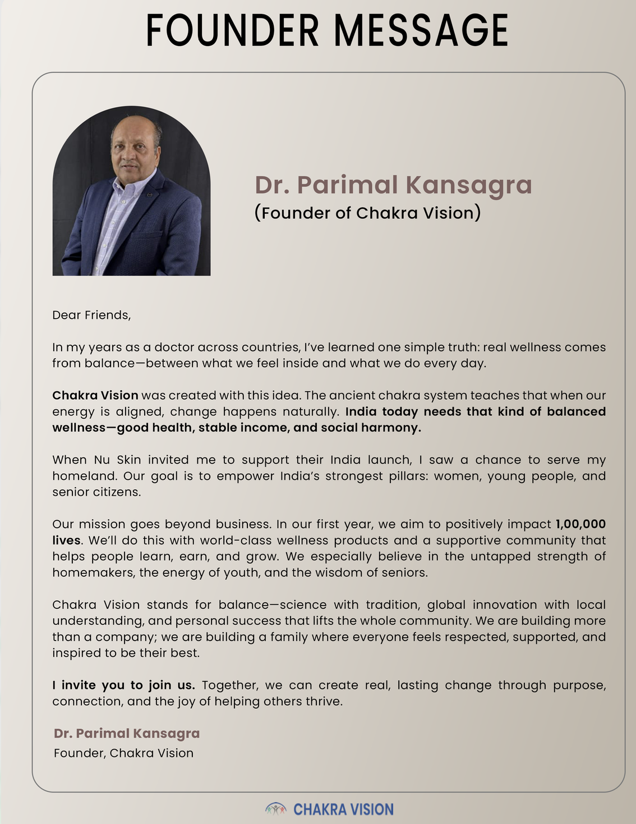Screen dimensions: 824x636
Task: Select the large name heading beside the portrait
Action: (393, 185)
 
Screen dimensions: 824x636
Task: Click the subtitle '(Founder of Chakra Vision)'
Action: (367, 213)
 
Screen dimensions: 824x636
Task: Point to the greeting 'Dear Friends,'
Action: (91, 315)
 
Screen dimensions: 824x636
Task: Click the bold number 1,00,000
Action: (580, 524)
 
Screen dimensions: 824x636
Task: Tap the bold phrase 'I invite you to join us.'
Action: (123, 685)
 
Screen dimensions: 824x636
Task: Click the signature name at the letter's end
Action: (127, 733)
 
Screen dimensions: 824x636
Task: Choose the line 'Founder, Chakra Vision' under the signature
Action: (123, 753)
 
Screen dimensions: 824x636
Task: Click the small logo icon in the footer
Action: (275, 809)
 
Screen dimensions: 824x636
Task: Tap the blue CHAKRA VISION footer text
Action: (343, 809)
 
